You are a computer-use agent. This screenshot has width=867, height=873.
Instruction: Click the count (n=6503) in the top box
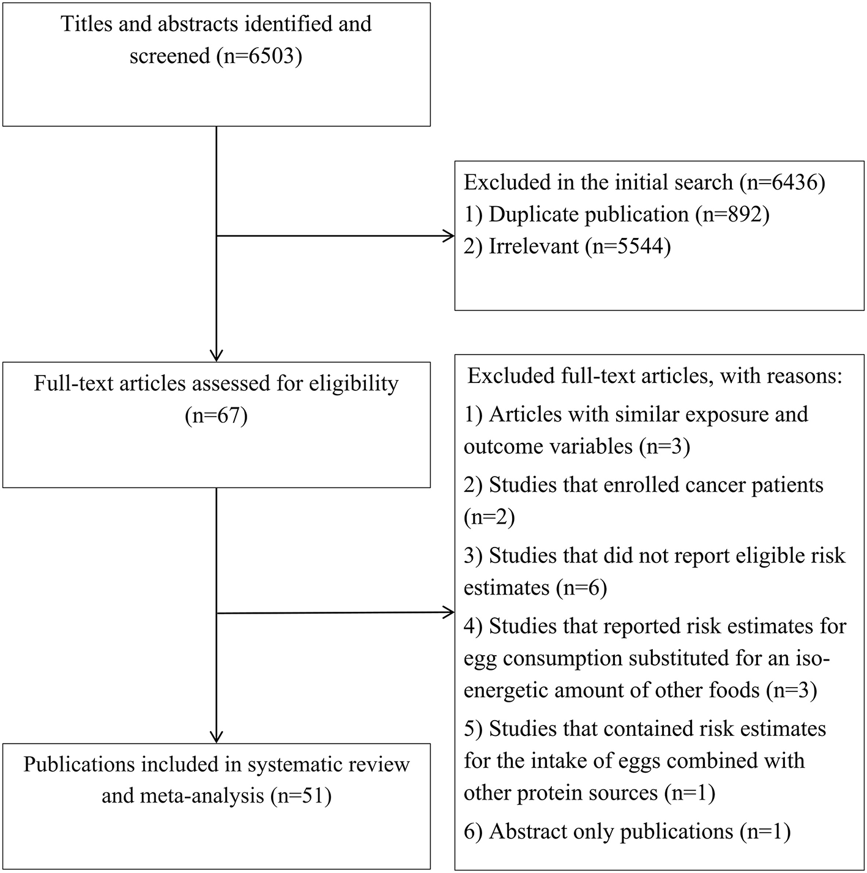(x=259, y=56)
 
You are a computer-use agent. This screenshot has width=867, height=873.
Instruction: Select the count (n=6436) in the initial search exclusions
(x=782, y=182)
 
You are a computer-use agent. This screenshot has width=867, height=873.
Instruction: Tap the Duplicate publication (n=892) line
(x=616, y=215)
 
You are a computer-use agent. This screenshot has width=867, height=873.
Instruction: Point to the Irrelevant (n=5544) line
(x=567, y=247)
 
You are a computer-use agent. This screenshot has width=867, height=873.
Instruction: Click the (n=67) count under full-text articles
(x=216, y=416)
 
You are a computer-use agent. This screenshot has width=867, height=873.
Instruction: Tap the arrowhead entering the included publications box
(x=217, y=737)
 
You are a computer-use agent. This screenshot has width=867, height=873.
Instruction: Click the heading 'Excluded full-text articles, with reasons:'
(x=655, y=376)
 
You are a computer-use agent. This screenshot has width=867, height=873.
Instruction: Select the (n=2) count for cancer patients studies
(x=489, y=518)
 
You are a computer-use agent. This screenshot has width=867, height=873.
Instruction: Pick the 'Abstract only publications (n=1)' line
(x=627, y=831)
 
